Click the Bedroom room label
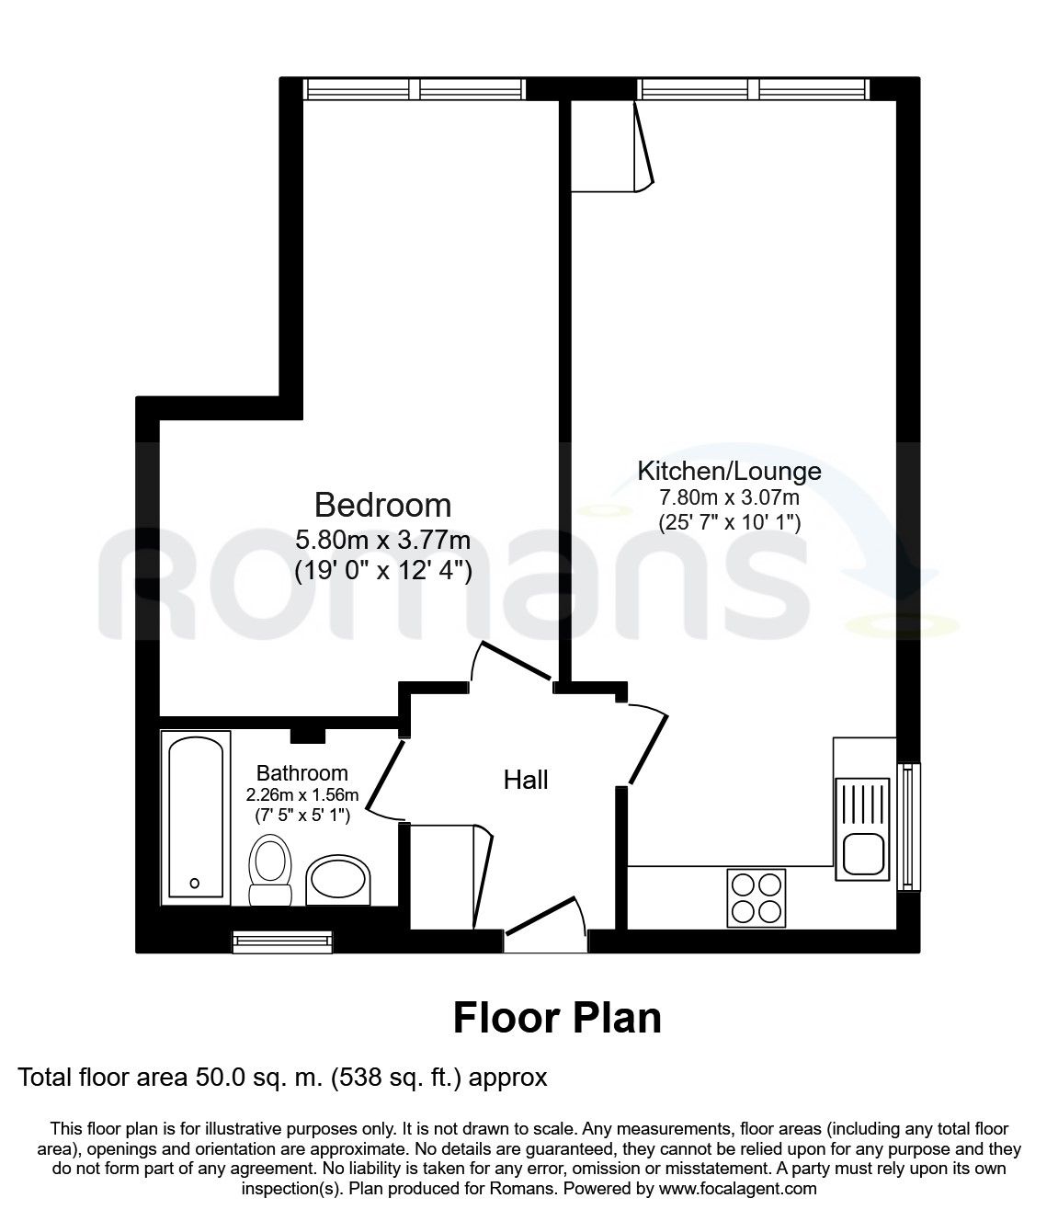[382, 505]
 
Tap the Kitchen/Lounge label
[729, 471]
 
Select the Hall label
[526, 780]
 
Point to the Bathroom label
[301, 772]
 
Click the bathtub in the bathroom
[196, 817]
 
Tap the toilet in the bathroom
[270, 870]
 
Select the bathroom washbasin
[338, 880]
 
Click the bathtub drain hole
[194, 884]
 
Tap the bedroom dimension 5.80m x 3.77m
[382, 540]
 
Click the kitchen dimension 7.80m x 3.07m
[730, 497]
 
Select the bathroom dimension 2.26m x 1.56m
[302, 794]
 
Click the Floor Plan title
[557, 1018]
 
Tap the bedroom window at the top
[415, 89]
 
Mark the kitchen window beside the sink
[908, 827]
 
